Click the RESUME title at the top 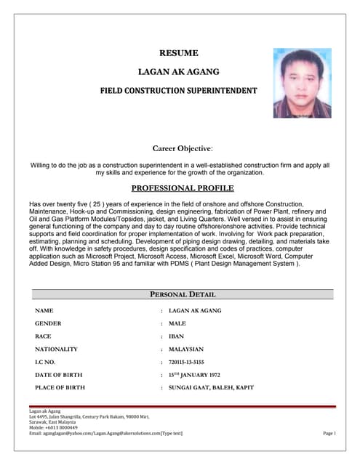[x=178, y=52]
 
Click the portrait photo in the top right [x=302, y=83]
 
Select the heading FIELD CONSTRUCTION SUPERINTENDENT [x=178, y=91]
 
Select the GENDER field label [x=48, y=323]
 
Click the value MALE [x=177, y=323]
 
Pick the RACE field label [x=44, y=336]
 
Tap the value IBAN [x=177, y=336]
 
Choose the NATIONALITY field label [x=57, y=349]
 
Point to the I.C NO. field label [x=46, y=362]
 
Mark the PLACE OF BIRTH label [x=60, y=388]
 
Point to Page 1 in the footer [x=328, y=433]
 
